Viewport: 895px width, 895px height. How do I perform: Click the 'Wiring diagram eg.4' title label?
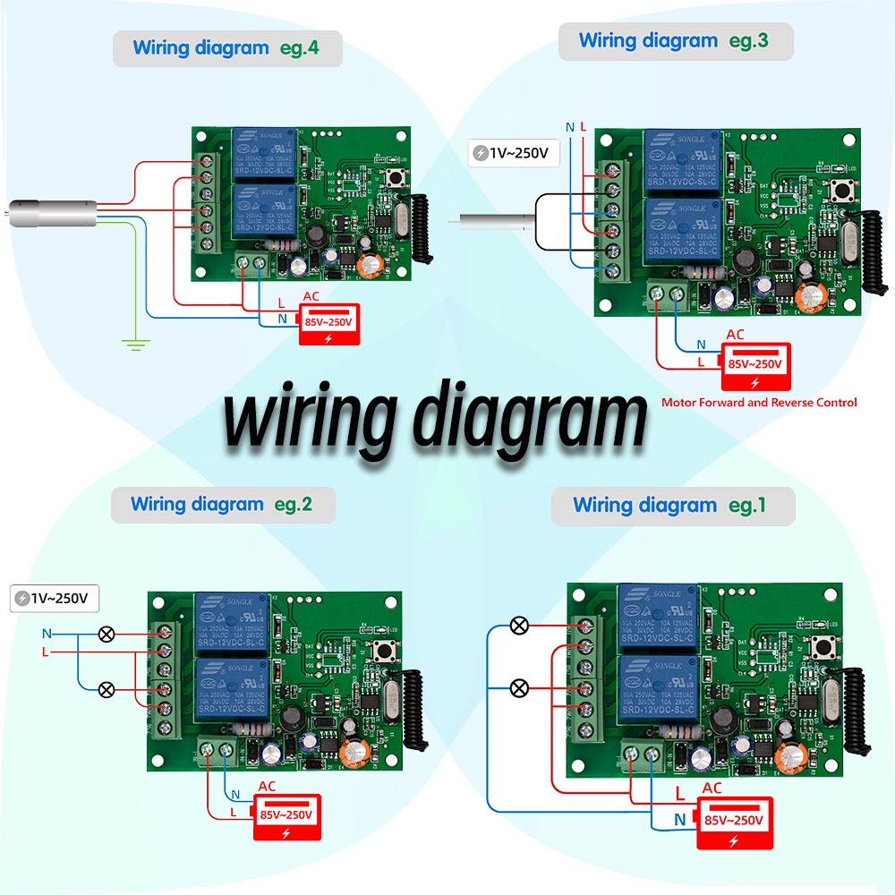click(x=226, y=48)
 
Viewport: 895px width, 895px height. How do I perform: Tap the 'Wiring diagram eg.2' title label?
click(x=222, y=505)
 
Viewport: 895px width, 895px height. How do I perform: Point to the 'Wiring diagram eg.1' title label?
click(x=670, y=506)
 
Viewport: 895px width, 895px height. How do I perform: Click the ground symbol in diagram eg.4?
click(x=135, y=345)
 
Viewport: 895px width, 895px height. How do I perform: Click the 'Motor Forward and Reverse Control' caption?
click(x=759, y=403)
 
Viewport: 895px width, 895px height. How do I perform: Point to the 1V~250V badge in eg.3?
click(x=515, y=153)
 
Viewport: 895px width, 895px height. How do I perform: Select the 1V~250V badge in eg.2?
click(x=55, y=598)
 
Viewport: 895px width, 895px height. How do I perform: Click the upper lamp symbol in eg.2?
click(x=106, y=635)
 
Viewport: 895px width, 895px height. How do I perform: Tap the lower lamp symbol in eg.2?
click(x=106, y=689)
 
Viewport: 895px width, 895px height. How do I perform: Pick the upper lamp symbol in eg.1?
click(x=518, y=626)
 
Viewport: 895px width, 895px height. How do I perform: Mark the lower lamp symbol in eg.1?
click(x=518, y=688)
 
